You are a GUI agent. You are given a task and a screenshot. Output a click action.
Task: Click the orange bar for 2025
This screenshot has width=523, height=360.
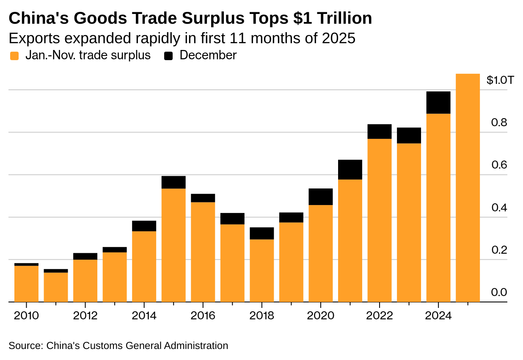click(468, 188)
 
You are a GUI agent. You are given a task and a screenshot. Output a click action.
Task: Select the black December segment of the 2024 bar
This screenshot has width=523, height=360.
click(438, 102)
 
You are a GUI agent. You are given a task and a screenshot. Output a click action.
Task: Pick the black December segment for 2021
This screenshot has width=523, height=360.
click(350, 169)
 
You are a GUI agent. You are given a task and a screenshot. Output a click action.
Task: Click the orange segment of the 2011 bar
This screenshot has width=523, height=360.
click(56, 287)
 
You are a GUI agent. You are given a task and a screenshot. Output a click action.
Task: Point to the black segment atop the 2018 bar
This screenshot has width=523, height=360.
click(261, 233)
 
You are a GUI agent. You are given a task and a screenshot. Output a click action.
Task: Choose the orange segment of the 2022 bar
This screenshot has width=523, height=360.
click(379, 220)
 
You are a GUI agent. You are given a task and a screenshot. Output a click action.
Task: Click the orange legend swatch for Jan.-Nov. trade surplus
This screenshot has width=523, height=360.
click(14, 56)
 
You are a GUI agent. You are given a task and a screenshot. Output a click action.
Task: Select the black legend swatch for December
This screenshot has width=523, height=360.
click(169, 56)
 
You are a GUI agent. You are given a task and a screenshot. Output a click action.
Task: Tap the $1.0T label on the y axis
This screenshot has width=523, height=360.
click(500, 80)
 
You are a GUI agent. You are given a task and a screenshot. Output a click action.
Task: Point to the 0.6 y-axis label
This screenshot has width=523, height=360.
click(499, 165)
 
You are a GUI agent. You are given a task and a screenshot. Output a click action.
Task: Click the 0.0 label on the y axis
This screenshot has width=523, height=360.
click(499, 293)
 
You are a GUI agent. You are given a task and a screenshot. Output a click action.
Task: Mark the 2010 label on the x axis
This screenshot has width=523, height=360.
click(26, 316)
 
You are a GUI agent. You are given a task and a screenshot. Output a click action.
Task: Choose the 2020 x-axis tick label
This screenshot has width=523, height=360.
click(320, 316)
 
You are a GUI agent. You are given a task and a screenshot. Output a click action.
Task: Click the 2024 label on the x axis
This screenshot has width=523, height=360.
click(438, 316)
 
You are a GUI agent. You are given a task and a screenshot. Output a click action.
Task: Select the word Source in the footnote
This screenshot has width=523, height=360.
click(25, 346)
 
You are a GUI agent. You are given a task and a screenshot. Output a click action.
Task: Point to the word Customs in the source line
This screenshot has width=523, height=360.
click(102, 346)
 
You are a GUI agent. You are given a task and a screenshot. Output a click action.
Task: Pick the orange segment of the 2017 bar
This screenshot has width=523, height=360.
click(232, 263)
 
